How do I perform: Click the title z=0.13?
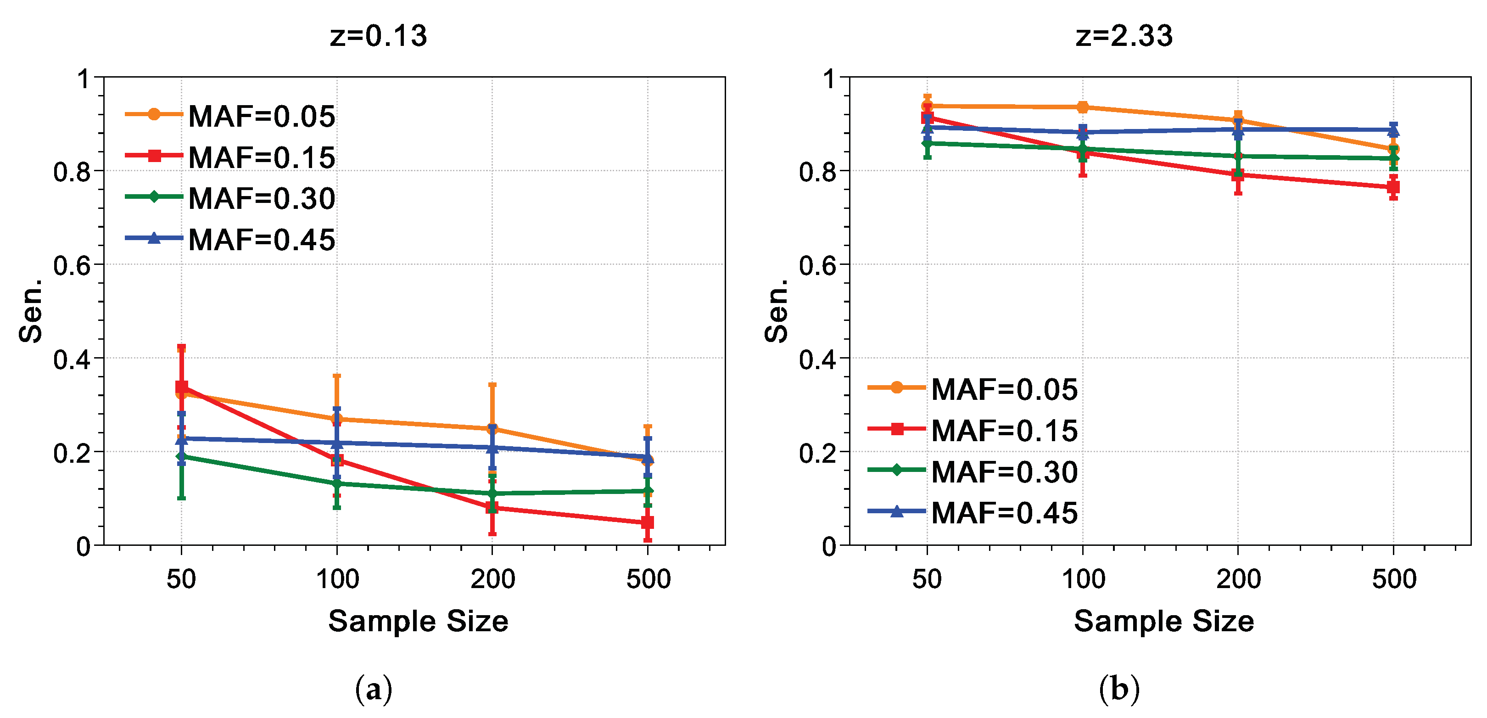pyautogui.click(x=378, y=36)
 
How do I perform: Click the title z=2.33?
pyautogui.click(x=1124, y=36)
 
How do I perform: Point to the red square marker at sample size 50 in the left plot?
pyautogui.click(x=181, y=387)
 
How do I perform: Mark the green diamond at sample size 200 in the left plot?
pyautogui.click(x=492, y=494)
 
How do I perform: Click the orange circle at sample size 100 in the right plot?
pyautogui.click(x=1082, y=107)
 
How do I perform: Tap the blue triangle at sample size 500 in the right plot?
pyautogui.click(x=1393, y=130)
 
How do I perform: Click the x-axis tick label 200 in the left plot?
pyautogui.click(x=492, y=579)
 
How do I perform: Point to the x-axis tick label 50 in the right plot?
pyautogui.click(x=927, y=579)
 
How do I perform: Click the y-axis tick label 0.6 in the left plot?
pyautogui.click(x=72, y=266)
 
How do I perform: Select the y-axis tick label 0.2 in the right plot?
pyautogui.click(x=817, y=453)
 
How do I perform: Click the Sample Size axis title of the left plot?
pyautogui.click(x=418, y=622)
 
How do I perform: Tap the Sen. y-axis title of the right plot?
pyautogui.click(x=777, y=311)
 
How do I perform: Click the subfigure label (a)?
pyautogui.click(x=374, y=689)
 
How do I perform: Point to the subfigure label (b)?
pyautogui.click(x=1119, y=689)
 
